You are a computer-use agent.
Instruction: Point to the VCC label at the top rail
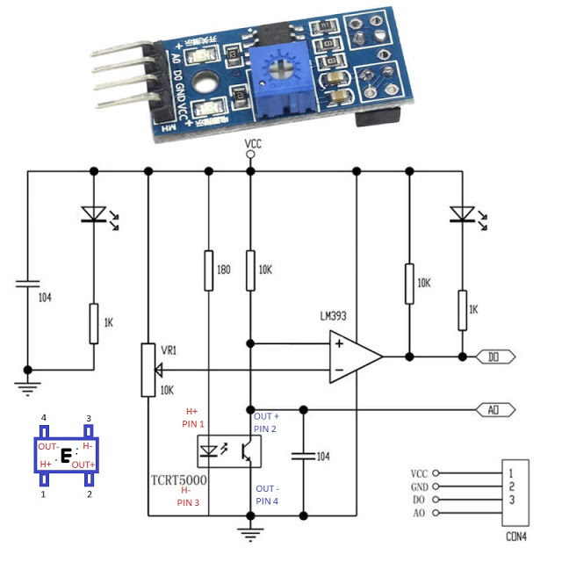pyautogui.click(x=251, y=143)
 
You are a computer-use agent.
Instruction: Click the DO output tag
pyautogui.click(x=494, y=357)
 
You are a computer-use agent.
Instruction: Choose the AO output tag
pyautogui.click(x=494, y=409)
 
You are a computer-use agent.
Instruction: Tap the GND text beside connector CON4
pyautogui.click(x=420, y=486)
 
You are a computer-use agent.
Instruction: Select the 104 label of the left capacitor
pyautogui.click(x=45, y=298)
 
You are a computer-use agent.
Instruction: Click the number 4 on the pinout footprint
pyautogui.click(x=42, y=417)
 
